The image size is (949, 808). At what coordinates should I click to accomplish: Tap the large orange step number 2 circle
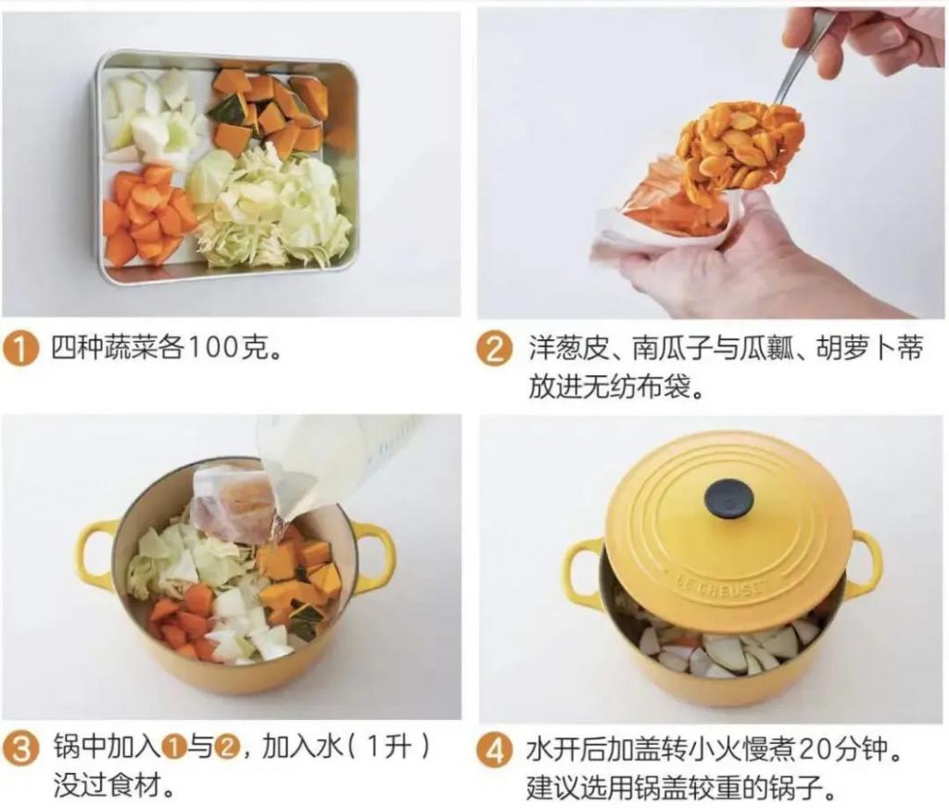(x=495, y=350)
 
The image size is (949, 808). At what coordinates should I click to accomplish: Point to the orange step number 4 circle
(x=495, y=751)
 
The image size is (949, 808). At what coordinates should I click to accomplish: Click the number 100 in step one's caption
(x=214, y=349)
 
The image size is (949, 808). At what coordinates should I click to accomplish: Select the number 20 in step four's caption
(x=815, y=751)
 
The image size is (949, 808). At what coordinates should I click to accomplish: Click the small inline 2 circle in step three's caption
(x=228, y=750)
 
